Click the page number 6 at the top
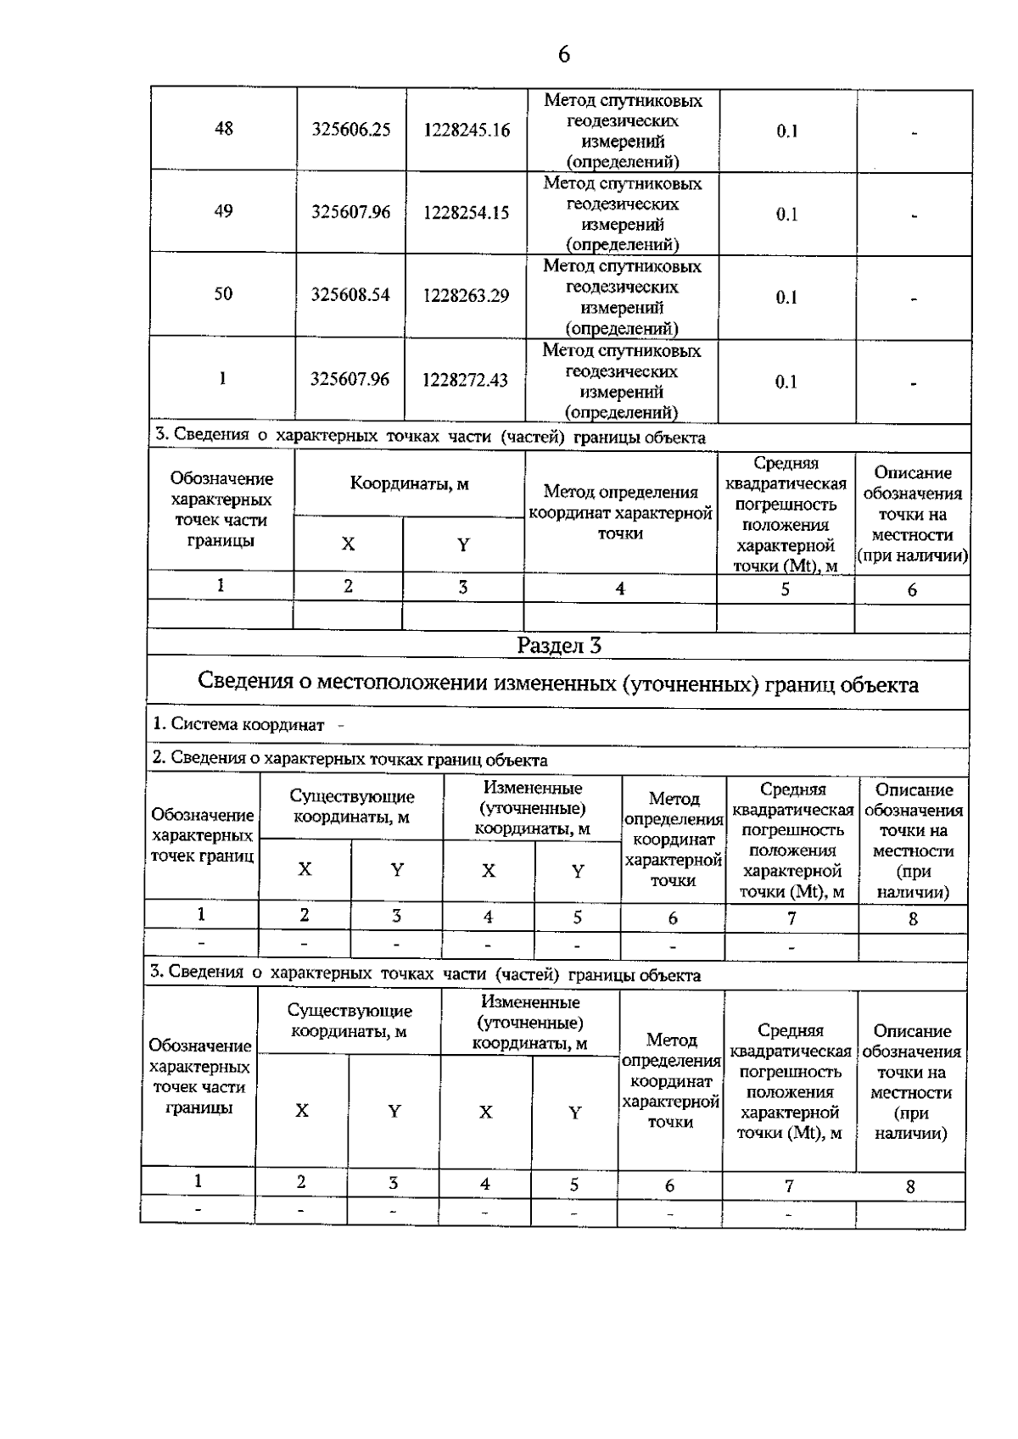coord(564,55)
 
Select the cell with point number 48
coord(224,129)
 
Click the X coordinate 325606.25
coord(351,130)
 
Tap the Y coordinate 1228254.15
coord(467,213)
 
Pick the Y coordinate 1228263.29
coord(467,296)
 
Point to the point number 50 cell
coord(223,294)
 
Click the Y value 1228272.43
coord(466,380)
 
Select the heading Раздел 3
coord(559,646)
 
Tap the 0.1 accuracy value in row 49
coord(786,214)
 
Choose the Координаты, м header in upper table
coord(410,484)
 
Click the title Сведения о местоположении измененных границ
coord(557,684)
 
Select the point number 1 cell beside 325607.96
coord(222,378)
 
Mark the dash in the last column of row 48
coord(915,131)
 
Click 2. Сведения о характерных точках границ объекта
coord(350,760)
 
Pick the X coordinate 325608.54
coord(350,295)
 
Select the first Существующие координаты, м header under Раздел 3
coord(352,806)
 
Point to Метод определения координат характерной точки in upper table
coord(620,512)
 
